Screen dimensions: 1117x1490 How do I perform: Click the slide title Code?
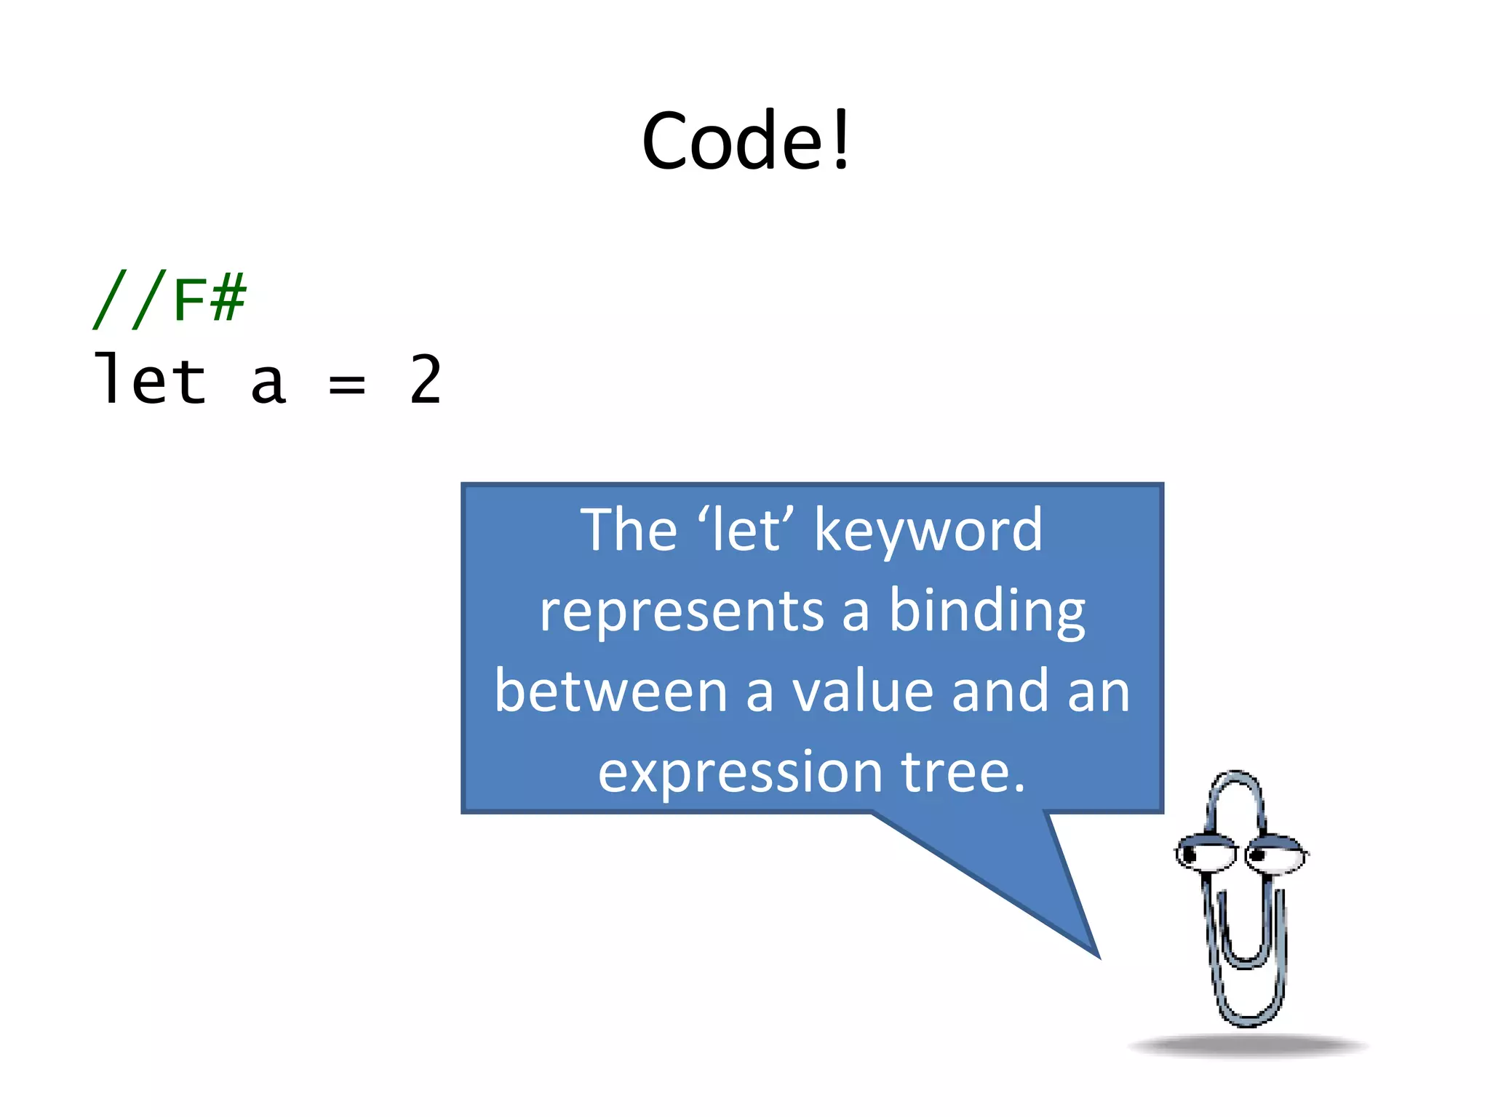coord(745,141)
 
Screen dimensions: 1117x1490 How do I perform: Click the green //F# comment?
coord(170,298)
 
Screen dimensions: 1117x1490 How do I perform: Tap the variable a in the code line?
coord(268,383)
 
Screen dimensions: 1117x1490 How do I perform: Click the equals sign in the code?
coord(346,383)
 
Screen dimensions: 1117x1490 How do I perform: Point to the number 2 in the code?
coord(426,379)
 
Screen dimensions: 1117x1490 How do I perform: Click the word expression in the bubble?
coord(740,772)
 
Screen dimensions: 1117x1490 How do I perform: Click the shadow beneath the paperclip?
coord(1247,1046)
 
